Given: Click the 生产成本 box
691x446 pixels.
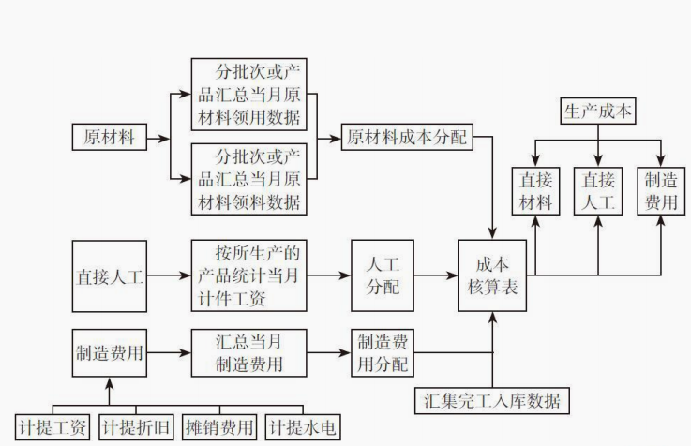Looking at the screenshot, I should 597,111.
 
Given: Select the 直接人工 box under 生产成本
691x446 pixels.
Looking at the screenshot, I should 597,190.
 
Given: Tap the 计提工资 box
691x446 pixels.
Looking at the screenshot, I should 54,427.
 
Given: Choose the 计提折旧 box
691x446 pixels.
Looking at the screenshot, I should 137,427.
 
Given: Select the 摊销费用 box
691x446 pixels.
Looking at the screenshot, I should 218,427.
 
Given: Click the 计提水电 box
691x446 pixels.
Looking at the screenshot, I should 301,427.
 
